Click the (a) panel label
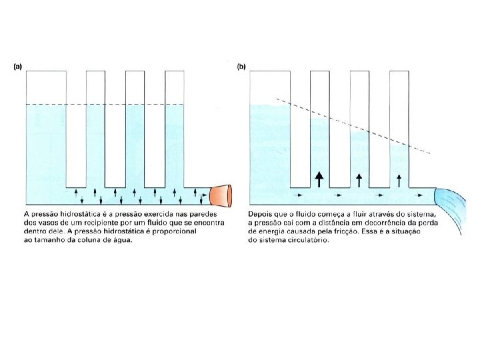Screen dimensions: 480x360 18,66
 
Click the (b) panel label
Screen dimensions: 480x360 241,66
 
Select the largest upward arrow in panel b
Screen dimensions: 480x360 319,178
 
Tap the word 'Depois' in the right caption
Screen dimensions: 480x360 262,213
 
